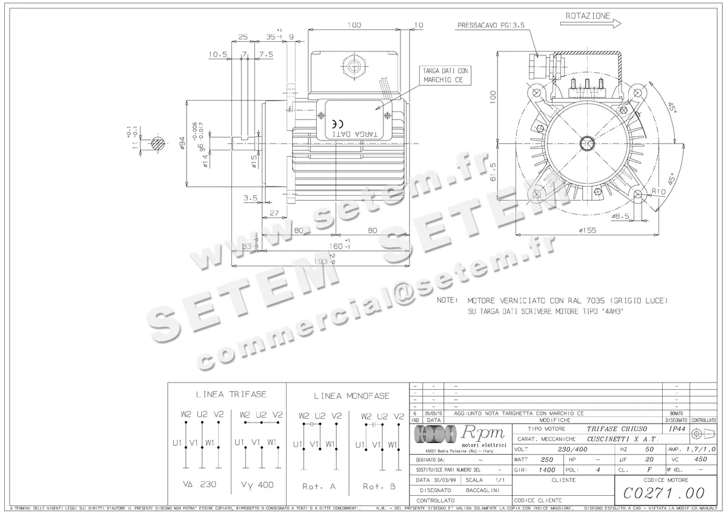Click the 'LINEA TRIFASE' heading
click(x=231, y=394)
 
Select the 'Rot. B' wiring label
click(x=380, y=486)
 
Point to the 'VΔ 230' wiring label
click(x=199, y=485)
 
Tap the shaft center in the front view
click(x=587, y=144)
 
